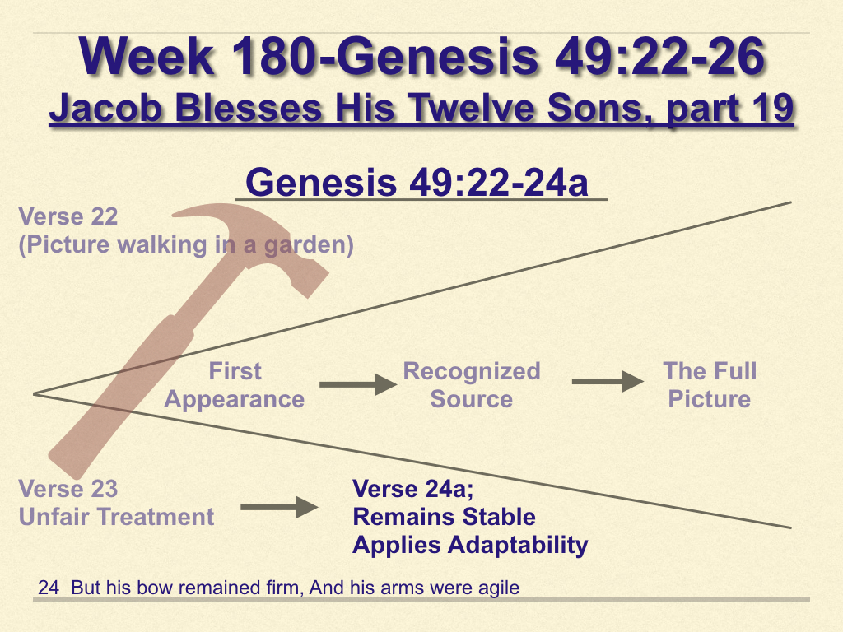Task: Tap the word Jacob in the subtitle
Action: click(106, 108)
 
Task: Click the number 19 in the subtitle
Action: click(772, 108)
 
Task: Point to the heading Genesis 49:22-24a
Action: click(417, 182)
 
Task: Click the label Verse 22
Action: click(68, 216)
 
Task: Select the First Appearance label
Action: click(235, 385)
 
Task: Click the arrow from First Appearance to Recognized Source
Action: click(358, 384)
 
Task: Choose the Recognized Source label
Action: click(472, 385)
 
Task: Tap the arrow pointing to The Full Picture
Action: click(608, 382)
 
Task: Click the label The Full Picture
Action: click(710, 385)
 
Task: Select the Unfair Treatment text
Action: click(116, 517)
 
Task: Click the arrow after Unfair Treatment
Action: click(279, 507)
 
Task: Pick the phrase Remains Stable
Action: click(444, 517)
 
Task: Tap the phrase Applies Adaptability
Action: click(470, 545)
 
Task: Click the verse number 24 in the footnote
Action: click(49, 588)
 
